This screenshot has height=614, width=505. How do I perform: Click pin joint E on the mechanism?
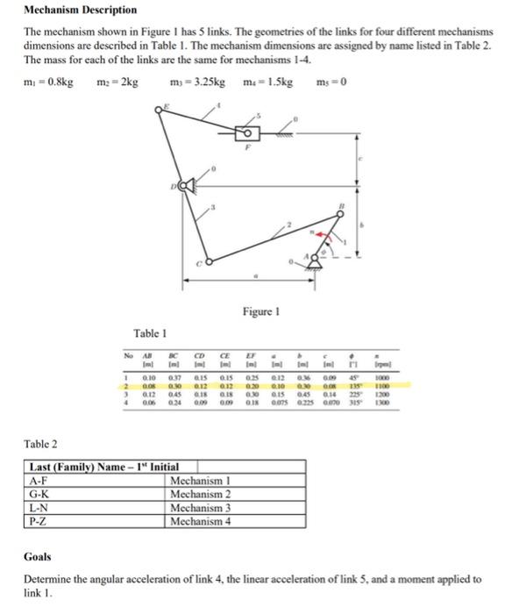point(161,109)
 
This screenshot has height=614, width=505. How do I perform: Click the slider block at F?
point(248,133)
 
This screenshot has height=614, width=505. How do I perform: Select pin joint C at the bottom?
point(208,261)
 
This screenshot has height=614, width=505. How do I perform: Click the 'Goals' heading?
point(38,556)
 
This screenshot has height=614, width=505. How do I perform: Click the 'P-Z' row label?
point(39,519)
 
